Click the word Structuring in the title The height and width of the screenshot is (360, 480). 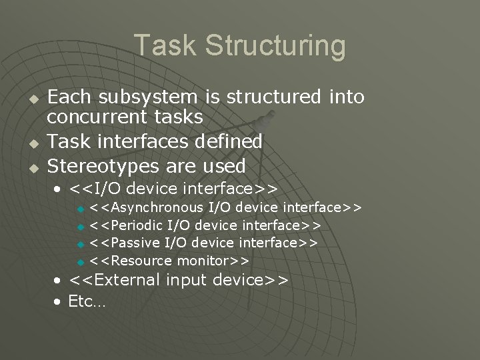point(275,47)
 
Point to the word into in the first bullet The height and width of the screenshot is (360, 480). point(346,97)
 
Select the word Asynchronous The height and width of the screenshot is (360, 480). point(153,207)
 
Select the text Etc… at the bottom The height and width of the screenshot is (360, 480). point(87,301)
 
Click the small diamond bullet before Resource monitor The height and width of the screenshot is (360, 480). point(81,261)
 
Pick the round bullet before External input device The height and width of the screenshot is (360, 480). point(59,281)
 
